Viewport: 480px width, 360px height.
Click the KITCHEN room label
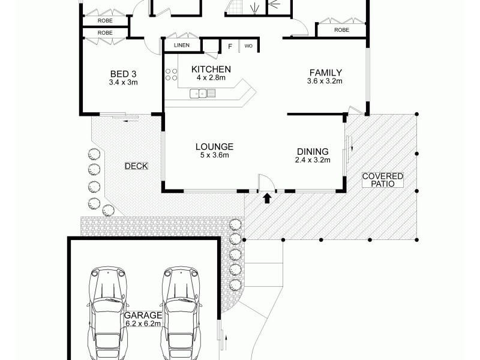(208, 69)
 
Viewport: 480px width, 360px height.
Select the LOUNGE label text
(214, 146)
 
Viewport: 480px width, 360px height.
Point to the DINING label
(313, 151)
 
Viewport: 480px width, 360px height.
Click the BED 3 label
(124, 74)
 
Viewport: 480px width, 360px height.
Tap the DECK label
(136, 166)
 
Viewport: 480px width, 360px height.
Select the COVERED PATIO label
(382, 181)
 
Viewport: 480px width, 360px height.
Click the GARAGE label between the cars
(143, 314)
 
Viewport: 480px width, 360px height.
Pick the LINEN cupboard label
(182, 46)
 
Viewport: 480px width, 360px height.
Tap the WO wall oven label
(248, 46)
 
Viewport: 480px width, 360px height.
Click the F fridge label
(229, 46)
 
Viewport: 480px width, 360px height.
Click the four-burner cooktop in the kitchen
(171, 74)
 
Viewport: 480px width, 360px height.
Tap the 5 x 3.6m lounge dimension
(214, 155)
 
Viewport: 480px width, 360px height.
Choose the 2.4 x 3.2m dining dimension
(313, 160)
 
